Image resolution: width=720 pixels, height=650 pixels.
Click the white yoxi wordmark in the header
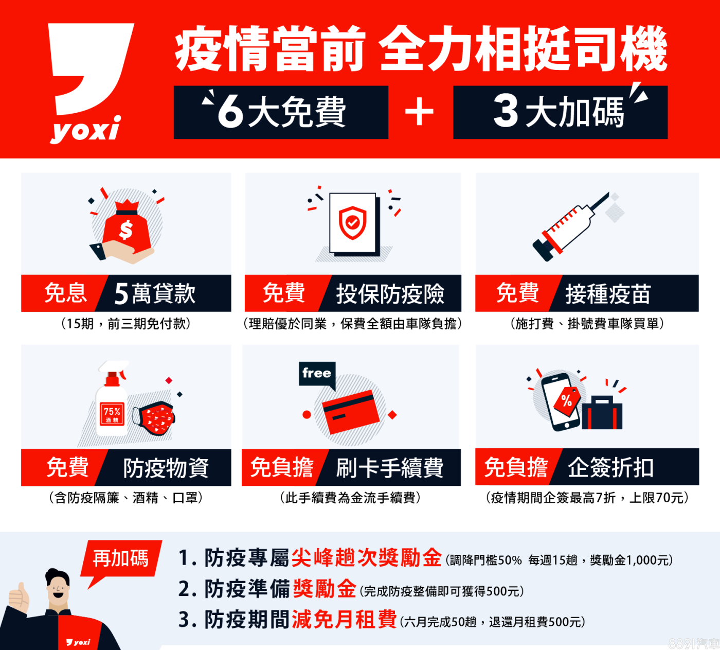pos(85,129)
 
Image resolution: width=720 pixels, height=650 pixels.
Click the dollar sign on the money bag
pos(126,231)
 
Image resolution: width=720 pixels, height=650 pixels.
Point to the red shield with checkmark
pos(352,223)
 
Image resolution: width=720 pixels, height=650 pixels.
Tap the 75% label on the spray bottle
pos(112,414)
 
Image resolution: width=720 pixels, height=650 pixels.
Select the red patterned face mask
pos(154,418)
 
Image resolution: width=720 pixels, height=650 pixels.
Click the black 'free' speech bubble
pos(317,375)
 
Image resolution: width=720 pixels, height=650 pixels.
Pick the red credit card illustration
pos(351,412)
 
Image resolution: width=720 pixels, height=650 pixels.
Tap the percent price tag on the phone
pos(567,401)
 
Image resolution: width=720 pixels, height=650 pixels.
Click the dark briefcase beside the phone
pos(602,413)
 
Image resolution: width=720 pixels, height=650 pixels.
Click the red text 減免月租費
pos(344,619)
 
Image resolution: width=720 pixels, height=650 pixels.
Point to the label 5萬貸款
pos(155,293)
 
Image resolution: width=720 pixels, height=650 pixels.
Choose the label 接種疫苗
pos(608,293)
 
